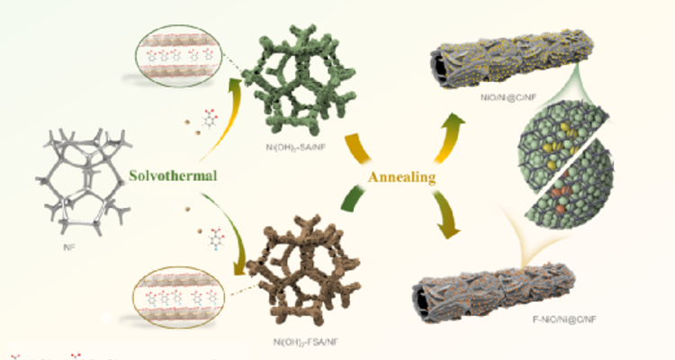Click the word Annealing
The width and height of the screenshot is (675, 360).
pos(402,176)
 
